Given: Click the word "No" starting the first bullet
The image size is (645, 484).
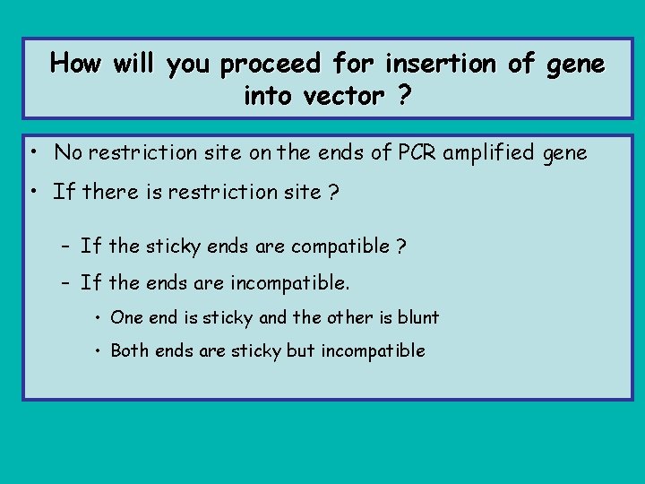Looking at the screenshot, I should (67, 153).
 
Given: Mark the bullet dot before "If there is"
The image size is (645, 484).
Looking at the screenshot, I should (31, 192).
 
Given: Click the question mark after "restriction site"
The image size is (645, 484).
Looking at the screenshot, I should (333, 192).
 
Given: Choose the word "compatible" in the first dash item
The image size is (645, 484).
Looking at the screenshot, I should (343, 246).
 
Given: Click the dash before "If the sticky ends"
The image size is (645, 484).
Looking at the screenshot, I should (66, 246).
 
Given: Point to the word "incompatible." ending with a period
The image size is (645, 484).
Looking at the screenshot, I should (290, 284).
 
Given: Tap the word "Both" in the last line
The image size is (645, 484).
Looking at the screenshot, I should (130, 350).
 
